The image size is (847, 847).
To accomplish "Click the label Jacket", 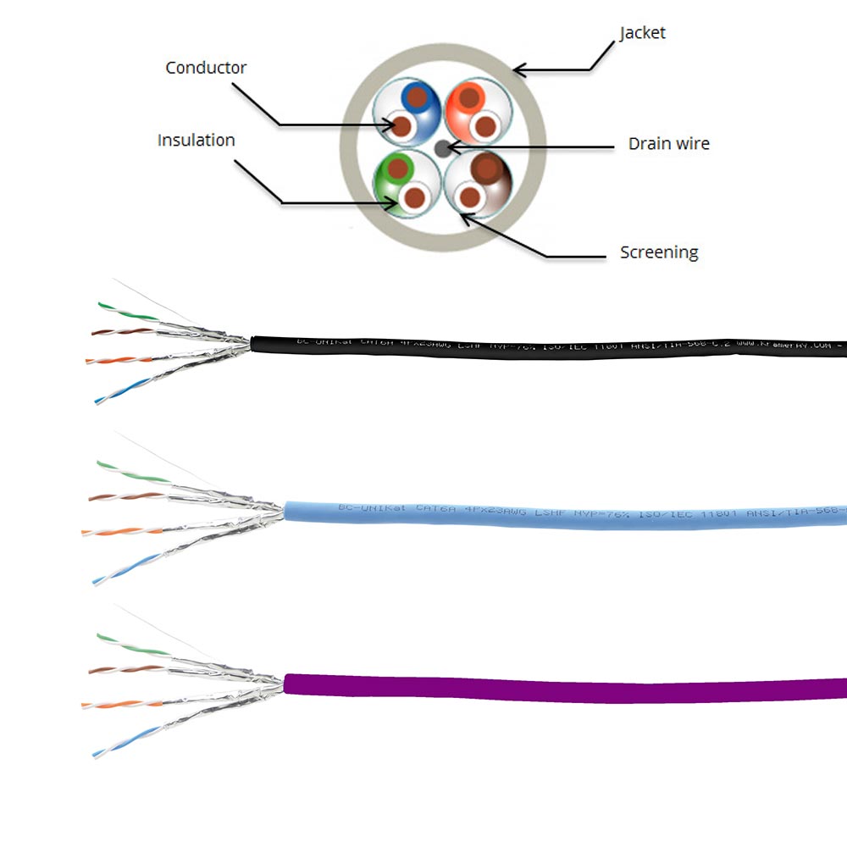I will tap(642, 33).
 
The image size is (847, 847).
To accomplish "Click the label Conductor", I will tap(206, 68).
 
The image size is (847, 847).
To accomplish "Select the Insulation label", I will tap(196, 141).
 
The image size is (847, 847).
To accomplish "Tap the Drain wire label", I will tap(668, 144).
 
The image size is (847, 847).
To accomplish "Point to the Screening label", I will tap(659, 252).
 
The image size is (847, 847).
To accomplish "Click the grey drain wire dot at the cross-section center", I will tap(442, 148).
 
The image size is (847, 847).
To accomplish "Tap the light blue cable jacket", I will tap(551, 515).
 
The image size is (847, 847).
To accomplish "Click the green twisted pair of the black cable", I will tap(127, 311).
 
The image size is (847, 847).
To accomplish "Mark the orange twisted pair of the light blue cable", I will tap(119, 530).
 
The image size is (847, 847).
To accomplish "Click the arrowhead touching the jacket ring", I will tap(518, 68).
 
